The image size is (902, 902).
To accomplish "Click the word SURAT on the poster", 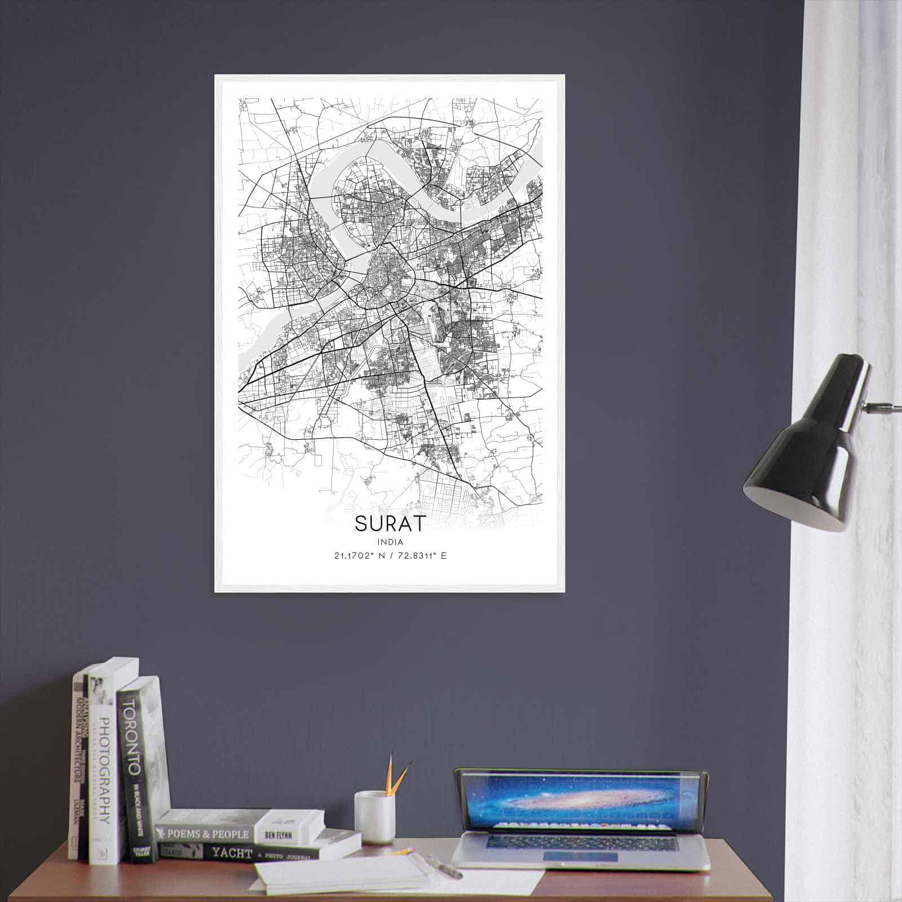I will (390, 524).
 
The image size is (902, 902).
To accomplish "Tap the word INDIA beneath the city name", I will (391, 542).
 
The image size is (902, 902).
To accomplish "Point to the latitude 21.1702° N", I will (355, 556).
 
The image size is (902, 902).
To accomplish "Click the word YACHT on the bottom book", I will (231, 853).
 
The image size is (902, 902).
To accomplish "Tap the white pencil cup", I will (374, 817).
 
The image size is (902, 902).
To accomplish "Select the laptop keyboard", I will (581, 844).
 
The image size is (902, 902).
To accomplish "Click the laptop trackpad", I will (581, 857).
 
